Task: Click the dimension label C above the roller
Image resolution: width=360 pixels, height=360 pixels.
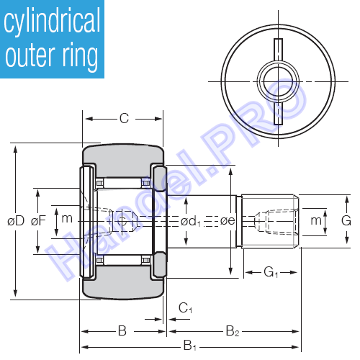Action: (124, 118)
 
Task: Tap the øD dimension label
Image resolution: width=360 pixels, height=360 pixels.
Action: (16, 221)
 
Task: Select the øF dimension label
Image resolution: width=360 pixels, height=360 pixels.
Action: (38, 221)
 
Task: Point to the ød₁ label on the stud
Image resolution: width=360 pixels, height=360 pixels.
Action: (191, 221)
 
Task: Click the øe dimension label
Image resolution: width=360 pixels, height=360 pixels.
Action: (228, 221)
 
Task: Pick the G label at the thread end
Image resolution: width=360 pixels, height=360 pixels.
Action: (346, 220)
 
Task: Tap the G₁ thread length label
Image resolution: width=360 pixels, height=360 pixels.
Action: (271, 272)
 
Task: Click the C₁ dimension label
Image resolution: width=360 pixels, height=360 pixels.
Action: (185, 308)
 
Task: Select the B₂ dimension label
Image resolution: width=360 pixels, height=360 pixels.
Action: (233, 331)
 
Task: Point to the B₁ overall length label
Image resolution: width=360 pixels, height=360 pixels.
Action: (190, 346)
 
